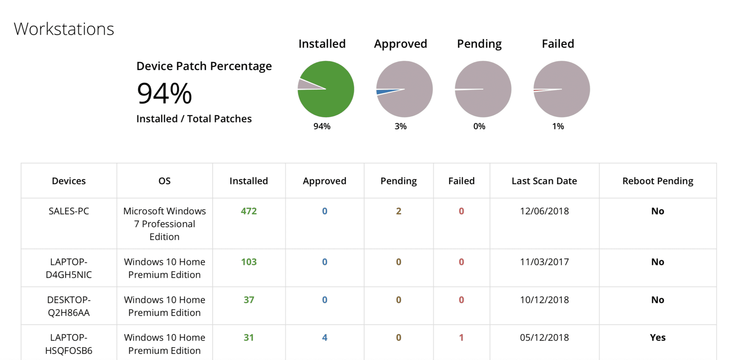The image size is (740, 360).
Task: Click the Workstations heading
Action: [x=64, y=29]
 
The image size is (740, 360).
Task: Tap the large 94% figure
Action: [x=164, y=93]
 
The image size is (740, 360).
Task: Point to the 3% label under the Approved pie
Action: [x=400, y=126]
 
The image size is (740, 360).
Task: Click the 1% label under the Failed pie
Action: [x=558, y=126]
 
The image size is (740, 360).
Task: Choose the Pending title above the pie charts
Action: [x=479, y=44]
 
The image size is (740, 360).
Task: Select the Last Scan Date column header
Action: [x=544, y=181]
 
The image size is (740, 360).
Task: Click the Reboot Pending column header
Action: [x=658, y=181]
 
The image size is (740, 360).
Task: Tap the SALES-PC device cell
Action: [x=69, y=211]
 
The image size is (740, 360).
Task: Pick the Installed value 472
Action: [x=249, y=211]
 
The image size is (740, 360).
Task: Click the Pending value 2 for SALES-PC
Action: [x=399, y=211]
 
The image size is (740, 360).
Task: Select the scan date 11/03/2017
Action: [x=544, y=262]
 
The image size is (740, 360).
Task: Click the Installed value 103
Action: [x=249, y=262]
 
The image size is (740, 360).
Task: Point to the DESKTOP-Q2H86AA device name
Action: [x=69, y=306]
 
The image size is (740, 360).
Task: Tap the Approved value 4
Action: [x=324, y=338]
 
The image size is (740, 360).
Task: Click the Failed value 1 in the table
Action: [x=461, y=338]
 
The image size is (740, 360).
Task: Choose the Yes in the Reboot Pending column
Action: [x=658, y=338]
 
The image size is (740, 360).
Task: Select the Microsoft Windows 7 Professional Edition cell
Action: [x=164, y=224]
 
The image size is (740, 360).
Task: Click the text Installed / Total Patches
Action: [x=194, y=119]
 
